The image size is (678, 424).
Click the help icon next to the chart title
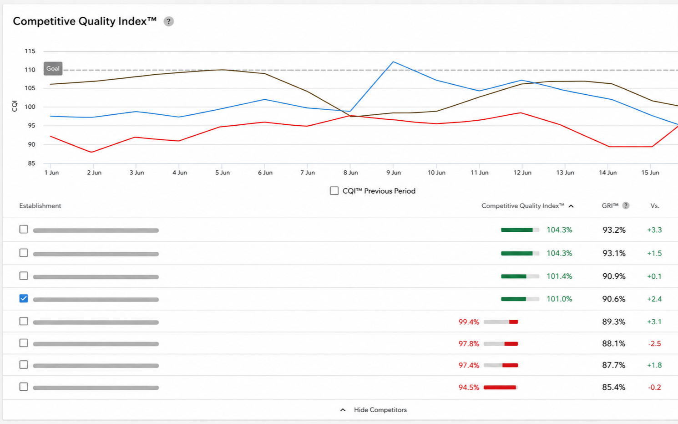[169, 21]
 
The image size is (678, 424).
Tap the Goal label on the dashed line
[53, 69]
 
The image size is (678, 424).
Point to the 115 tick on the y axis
[30, 51]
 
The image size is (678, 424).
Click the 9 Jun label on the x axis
[394, 173]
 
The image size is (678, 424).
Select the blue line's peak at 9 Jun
[393, 62]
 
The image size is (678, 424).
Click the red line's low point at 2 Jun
[92, 152]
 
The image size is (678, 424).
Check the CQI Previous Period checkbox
[334, 191]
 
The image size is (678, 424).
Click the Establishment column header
[40, 206]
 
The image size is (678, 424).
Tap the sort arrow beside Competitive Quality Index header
[571, 206]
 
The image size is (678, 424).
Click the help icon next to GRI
[626, 206]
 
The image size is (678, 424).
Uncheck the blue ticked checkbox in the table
[24, 299]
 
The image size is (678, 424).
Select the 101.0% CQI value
[559, 299]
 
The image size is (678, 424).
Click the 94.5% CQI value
[469, 388]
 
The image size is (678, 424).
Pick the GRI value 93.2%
[614, 230]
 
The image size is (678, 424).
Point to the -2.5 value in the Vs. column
[654, 344]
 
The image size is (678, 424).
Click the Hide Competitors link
[380, 410]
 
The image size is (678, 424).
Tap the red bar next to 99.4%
[513, 322]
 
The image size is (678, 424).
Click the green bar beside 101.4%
[514, 276]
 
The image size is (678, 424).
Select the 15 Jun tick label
[650, 173]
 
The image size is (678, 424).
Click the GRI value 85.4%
[613, 388]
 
